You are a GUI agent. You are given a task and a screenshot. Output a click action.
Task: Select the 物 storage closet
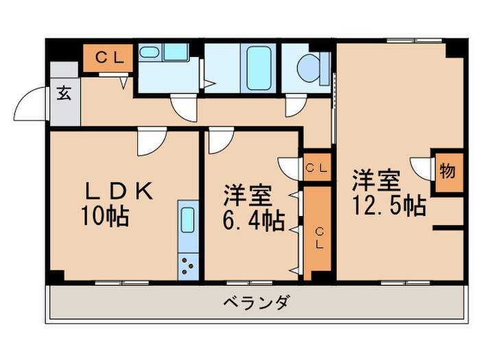point(447,172)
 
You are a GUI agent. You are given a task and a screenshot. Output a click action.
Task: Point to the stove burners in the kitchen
point(187,264)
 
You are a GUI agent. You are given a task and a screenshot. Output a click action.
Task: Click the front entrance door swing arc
point(31,106)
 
